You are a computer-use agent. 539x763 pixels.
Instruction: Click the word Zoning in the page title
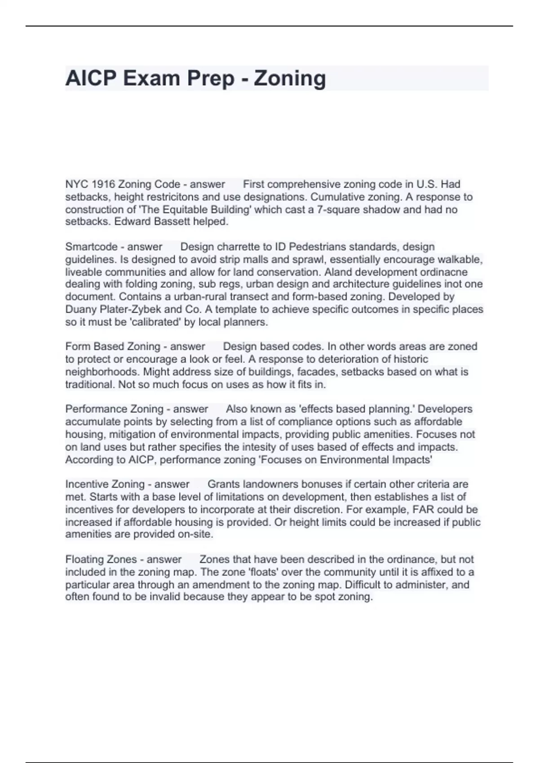click(290, 78)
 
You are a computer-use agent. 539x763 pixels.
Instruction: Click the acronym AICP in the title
click(91, 78)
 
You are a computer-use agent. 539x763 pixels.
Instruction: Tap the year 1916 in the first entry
click(103, 184)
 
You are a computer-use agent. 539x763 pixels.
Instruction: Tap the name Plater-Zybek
click(125, 309)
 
